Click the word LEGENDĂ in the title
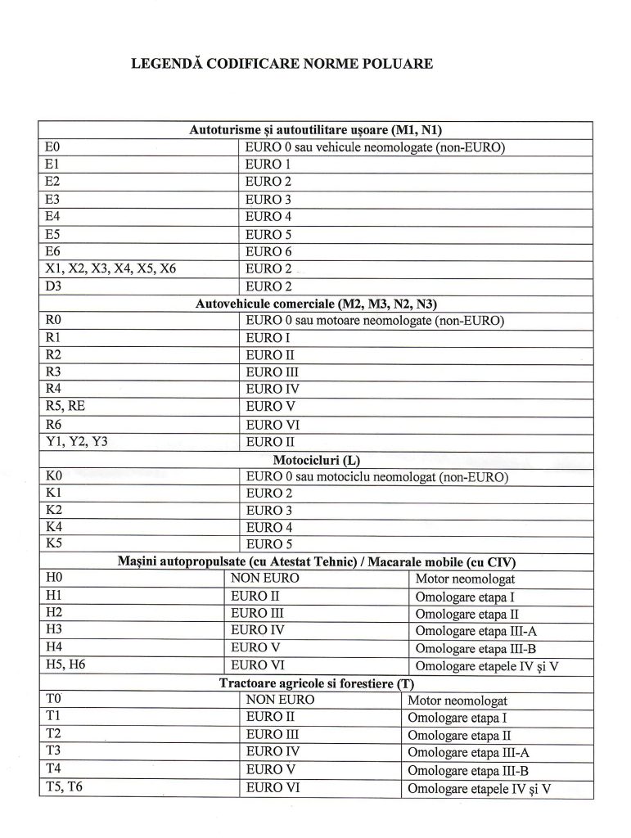pos(168,63)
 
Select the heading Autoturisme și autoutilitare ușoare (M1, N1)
pos(316,129)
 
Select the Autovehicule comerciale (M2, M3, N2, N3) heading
pos(316,304)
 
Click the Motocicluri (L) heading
pos(316,459)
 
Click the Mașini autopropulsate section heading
pos(316,561)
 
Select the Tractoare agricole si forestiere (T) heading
pos(316,683)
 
